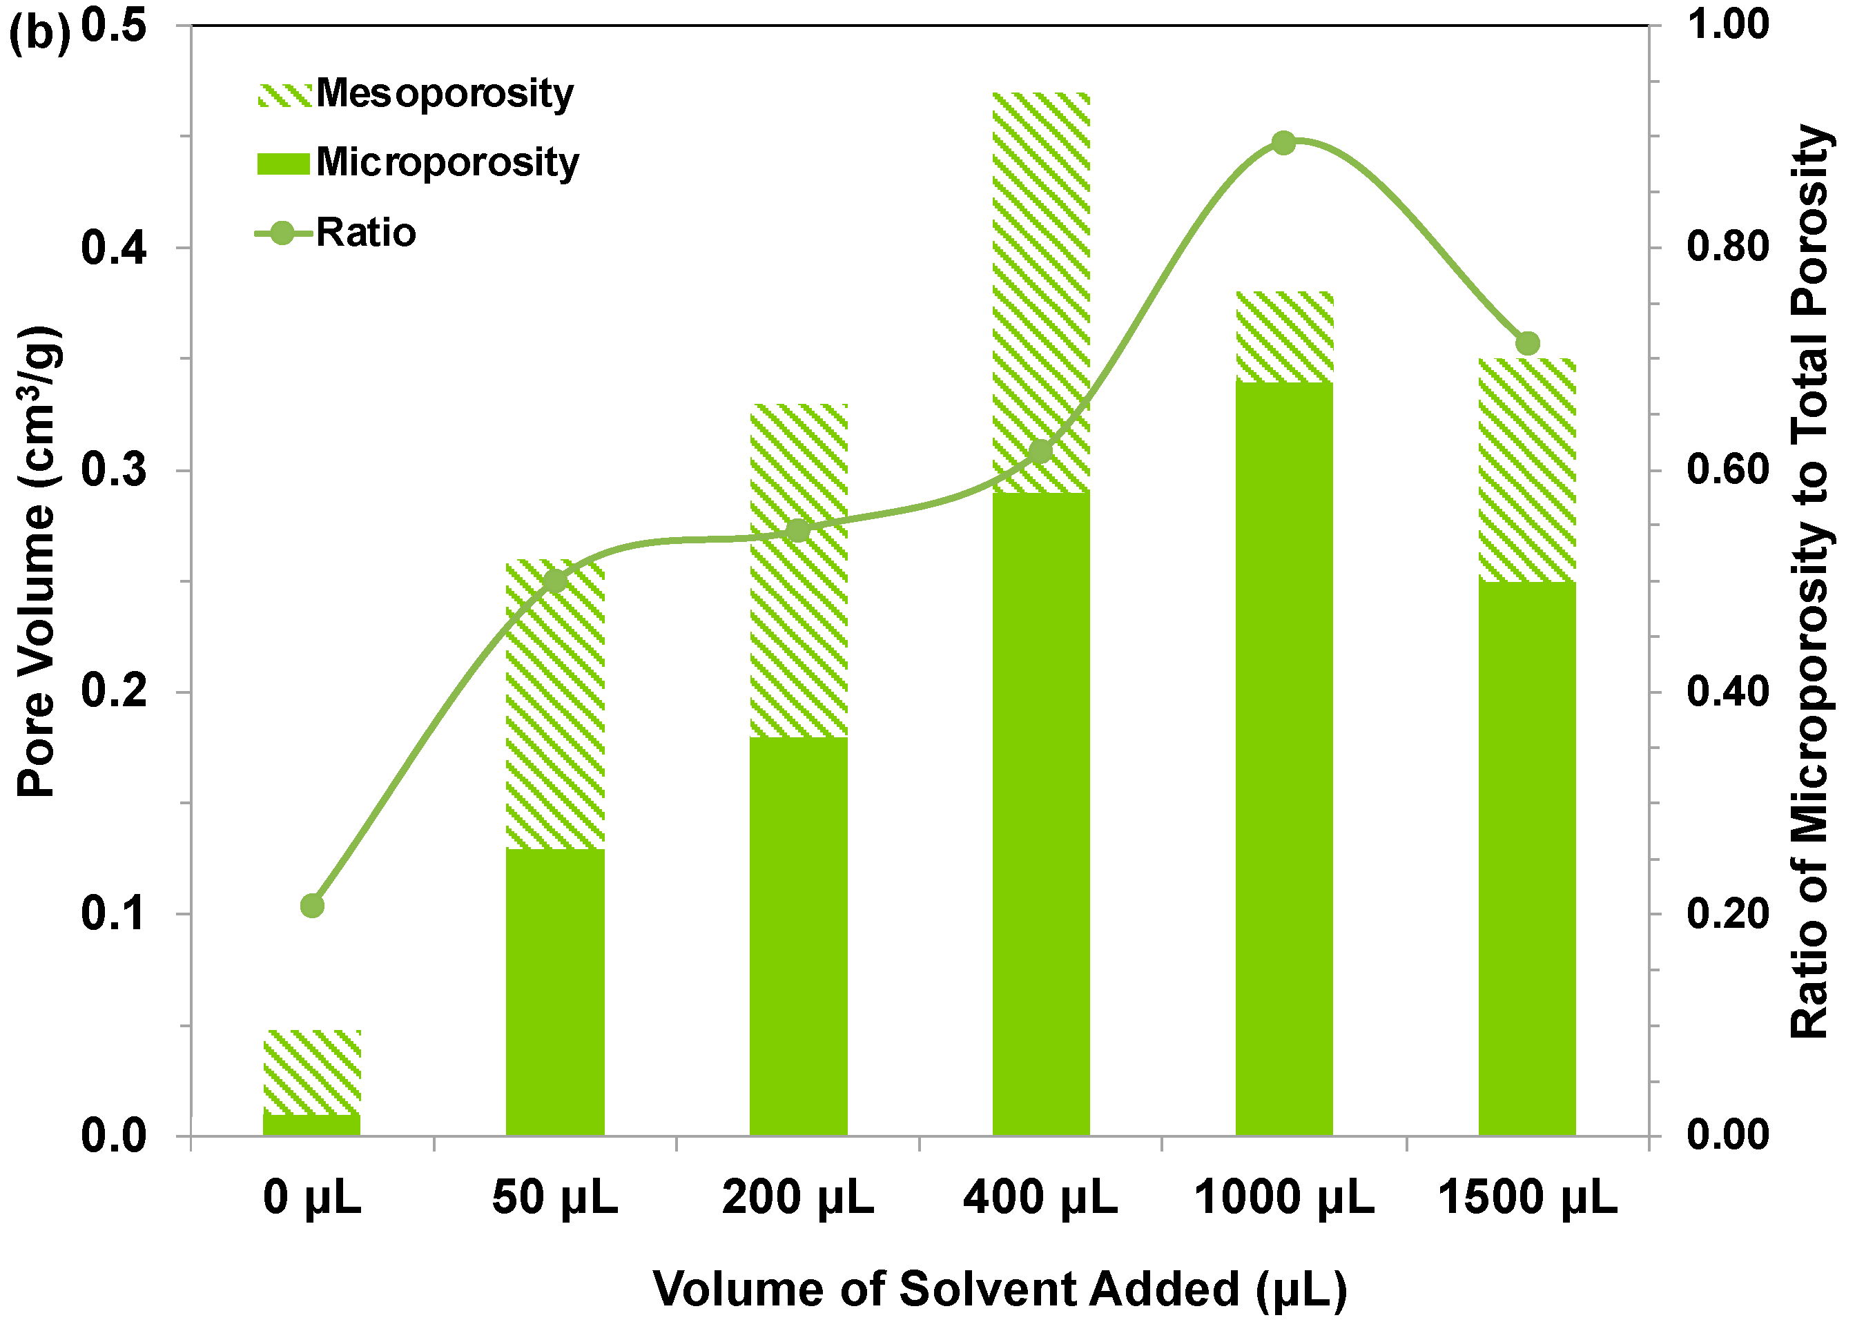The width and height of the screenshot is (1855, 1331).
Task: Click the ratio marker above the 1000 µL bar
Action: pos(1283,143)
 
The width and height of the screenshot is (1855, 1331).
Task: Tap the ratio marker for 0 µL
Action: pos(311,906)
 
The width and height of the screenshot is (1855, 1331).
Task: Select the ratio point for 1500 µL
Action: pos(1527,344)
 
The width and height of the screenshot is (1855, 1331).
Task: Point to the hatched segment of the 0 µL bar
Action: pos(311,1071)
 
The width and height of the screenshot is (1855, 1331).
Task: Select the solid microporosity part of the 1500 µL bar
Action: pos(1526,859)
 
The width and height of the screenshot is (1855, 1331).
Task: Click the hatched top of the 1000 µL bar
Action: pos(1284,336)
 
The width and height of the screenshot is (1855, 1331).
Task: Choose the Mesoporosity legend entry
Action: pos(417,93)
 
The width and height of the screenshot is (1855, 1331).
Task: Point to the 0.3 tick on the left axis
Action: pos(114,470)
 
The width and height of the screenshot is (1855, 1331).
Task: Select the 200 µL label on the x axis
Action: pos(797,1198)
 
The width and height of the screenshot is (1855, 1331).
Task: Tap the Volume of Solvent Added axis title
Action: pos(1000,1290)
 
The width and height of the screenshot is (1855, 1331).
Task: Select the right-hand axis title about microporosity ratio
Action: pos(1809,581)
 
